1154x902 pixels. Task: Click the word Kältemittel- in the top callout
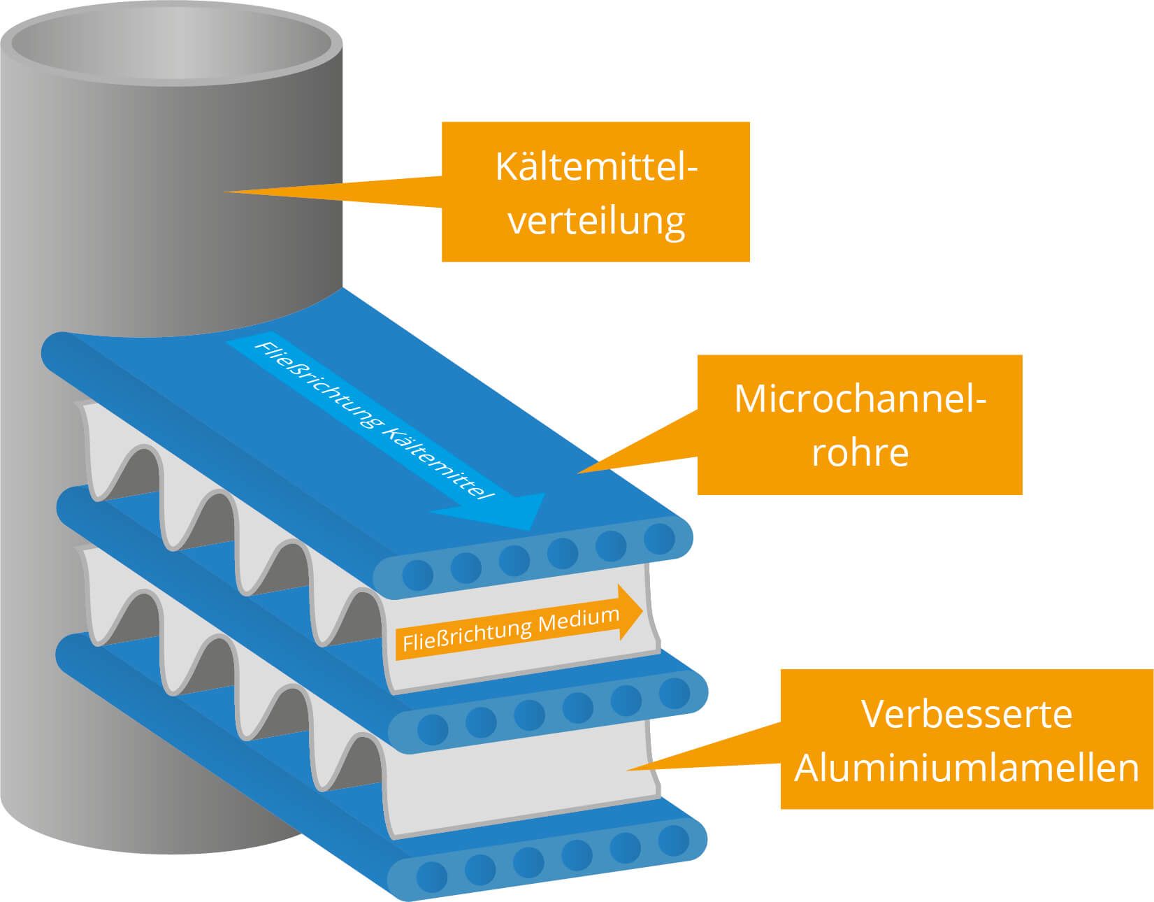click(x=596, y=168)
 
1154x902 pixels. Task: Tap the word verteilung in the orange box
click(x=596, y=221)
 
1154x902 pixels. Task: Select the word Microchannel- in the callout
click(x=860, y=399)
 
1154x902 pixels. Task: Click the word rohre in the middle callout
click(x=860, y=452)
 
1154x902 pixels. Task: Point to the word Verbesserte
click(x=967, y=714)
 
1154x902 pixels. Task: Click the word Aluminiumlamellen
click(x=967, y=767)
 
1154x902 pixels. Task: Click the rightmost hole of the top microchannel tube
click(x=659, y=538)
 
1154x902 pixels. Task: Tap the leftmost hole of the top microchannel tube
click(x=418, y=575)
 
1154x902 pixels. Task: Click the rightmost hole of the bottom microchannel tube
click(x=674, y=839)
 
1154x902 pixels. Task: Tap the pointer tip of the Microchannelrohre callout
click(x=579, y=472)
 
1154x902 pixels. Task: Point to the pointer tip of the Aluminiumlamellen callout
click(x=628, y=768)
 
